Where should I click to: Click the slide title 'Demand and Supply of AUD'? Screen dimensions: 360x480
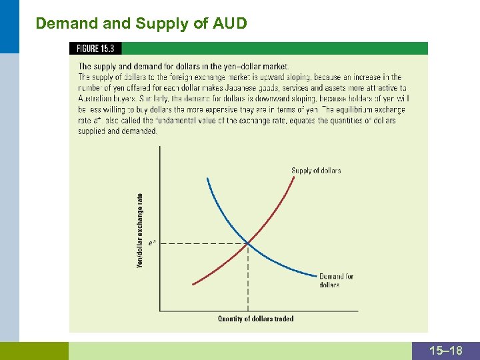[x=141, y=24]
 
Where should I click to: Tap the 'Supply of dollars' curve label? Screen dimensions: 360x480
[x=316, y=171]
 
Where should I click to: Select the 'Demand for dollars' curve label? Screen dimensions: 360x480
[x=336, y=281]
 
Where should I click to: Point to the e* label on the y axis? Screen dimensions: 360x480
[x=153, y=243]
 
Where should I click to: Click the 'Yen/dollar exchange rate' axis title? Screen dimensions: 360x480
[x=140, y=230]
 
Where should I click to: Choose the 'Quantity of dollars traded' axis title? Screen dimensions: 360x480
[x=255, y=319]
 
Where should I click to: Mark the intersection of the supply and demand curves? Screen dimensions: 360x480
[x=248, y=243]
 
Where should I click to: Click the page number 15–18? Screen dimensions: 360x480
[x=446, y=351]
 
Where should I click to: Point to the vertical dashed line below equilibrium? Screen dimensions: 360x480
[x=248, y=280]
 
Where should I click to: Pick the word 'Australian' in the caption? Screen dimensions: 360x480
[x=98, y=98]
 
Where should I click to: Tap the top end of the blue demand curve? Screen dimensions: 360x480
[x=207, y=179]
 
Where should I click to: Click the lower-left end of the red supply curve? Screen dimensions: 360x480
[x=193, y=284]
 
